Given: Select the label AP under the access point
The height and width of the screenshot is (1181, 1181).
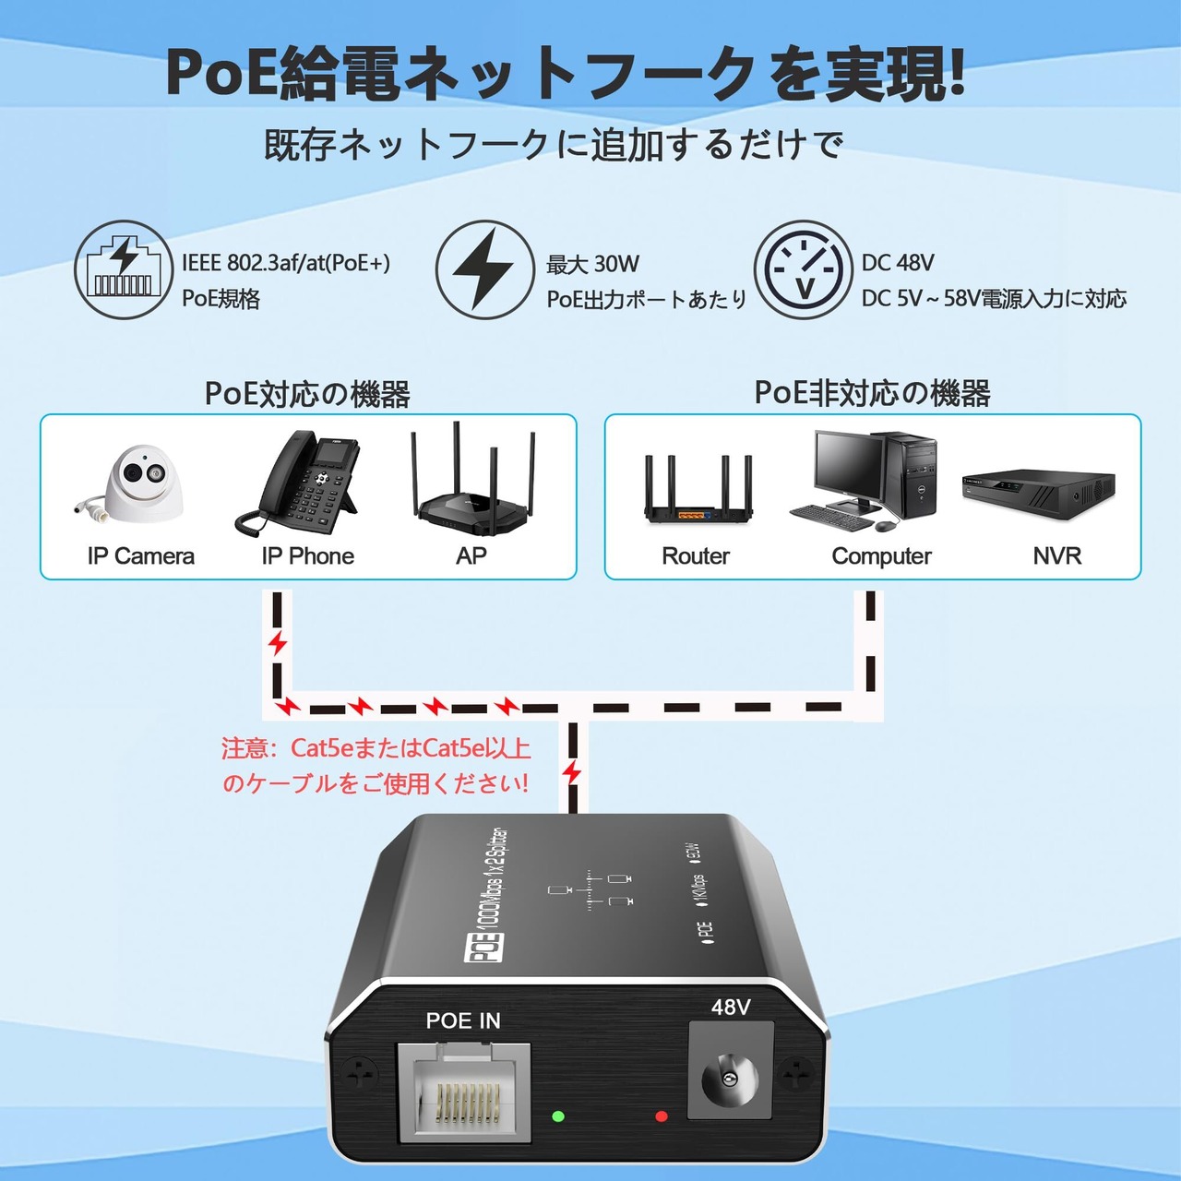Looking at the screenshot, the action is point(471,555).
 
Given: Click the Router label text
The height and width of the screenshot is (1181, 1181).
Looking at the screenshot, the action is point(695,555).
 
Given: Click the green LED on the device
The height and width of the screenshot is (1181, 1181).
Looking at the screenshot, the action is point(557,1116).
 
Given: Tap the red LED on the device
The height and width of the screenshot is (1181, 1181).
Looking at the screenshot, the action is point(661,1116).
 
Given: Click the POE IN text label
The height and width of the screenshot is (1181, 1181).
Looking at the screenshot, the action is point(463,1020).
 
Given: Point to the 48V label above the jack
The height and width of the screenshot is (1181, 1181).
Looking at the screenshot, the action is point(731,1008).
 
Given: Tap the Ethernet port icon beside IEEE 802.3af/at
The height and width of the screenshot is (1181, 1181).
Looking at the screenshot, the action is point(124,270).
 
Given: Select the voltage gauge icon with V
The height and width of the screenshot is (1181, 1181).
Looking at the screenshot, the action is point(803,270).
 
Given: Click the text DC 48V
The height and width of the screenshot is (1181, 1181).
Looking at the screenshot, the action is point(898,263).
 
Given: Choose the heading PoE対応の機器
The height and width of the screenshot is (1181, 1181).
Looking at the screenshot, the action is point(307,394).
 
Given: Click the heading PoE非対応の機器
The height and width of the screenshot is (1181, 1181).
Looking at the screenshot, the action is point(872,393).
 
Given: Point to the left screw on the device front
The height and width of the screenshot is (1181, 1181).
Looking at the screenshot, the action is point(360,1072).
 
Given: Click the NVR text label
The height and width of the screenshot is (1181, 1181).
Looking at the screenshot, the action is point(1056,555).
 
